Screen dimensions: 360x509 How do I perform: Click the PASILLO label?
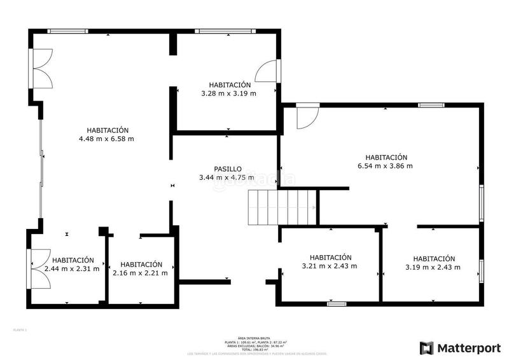(227, 169)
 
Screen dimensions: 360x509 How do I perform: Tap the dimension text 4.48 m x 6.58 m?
(106, 139)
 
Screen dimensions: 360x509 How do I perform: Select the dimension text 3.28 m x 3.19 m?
(228, 93)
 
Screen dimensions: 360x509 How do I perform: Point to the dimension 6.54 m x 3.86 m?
(386, 166)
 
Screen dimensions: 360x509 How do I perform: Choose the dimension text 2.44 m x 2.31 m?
(72, 268)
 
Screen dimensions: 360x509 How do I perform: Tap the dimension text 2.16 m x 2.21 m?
(140, 273)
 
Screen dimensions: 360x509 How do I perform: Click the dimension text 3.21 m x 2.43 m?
(329, 266)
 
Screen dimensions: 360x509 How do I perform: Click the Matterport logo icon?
(426, 348)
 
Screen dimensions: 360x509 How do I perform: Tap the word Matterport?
(468, 348)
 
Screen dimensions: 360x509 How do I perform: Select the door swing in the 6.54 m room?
(306, 116)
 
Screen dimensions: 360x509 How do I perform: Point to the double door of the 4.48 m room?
(41, 68)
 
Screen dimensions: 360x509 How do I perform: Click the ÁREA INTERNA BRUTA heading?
(254, 338)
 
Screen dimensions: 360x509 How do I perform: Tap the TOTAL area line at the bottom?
(254, 349)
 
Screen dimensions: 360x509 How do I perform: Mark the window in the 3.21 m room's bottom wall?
(336, 304)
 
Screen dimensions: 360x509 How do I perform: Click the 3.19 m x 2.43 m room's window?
(481, 270)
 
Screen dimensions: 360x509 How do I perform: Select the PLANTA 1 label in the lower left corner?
(20, 330)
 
